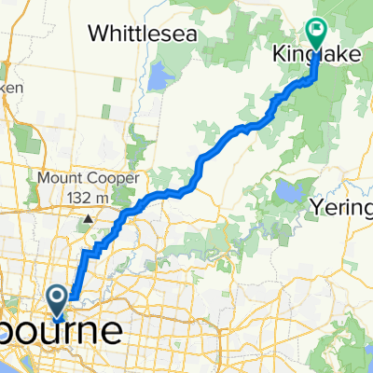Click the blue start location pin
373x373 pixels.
point(58,301)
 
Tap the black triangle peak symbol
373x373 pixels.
point(86,219)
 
